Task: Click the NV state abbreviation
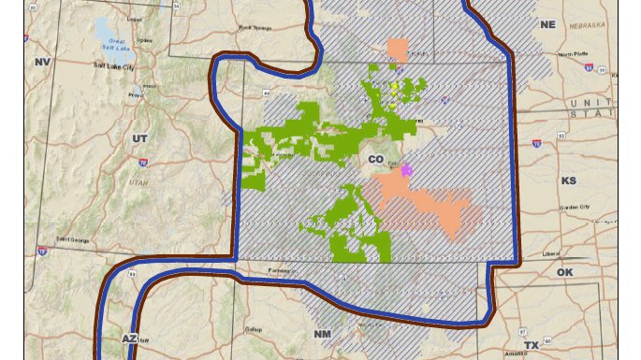41,62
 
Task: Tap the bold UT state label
140,137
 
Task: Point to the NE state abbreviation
547,24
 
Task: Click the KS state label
569,180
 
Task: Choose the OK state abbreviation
564,272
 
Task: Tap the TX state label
532,345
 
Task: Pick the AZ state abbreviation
130,338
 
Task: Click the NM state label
323,334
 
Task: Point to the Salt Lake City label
113,66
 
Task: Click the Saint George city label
75,239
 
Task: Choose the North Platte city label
573,55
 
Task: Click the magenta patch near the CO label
406,170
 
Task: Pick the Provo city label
136,94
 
